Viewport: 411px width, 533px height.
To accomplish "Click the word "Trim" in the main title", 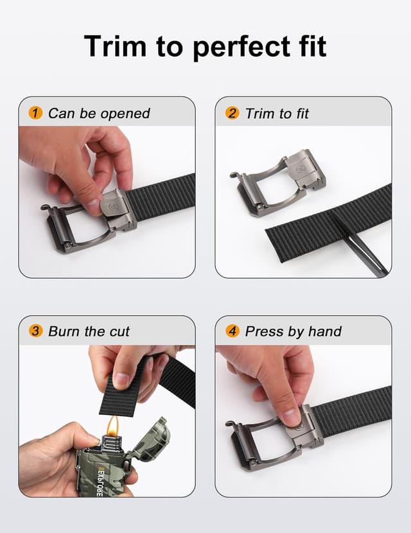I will (116, 46).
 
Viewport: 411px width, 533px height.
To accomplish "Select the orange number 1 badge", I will (36, 114).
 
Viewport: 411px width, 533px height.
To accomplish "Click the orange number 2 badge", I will (232, 114).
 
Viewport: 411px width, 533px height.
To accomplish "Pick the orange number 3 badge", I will (36, 331).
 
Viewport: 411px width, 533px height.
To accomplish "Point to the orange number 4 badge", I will (232, 331).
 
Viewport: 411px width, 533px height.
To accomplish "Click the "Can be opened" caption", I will (99, 114).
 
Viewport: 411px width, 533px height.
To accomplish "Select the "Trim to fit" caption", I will (277, 114).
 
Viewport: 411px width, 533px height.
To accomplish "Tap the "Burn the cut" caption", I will (89, 331).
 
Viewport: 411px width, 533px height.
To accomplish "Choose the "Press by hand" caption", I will (293, 331).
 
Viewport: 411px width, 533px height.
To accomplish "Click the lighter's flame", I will (113, 424).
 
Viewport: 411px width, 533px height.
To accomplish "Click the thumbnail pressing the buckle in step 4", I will (292, 418).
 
